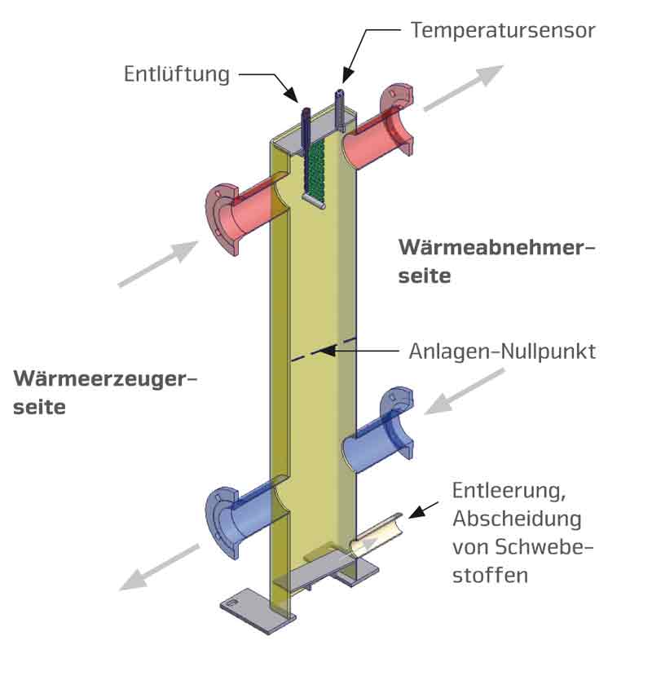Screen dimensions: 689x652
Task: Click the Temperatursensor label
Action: (503, 31)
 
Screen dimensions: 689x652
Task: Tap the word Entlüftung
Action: (177, 74)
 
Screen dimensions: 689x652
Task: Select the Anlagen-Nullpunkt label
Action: (502, 352)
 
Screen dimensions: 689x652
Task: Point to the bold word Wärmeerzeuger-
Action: (105, 379)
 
